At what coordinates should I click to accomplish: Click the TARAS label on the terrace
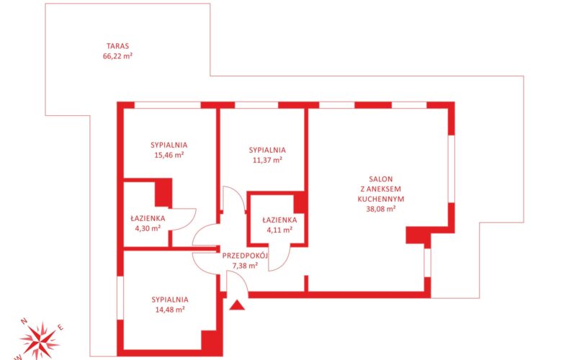[x=117, y=46]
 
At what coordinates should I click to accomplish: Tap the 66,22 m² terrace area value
[x=117, y=56]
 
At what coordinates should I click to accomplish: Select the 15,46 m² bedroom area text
[x=169, y=156]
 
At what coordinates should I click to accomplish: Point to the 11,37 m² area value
[x=267, y=160]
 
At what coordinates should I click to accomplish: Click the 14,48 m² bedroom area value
[x=170, y=310]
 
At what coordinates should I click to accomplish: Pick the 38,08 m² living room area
[x=381, y=209]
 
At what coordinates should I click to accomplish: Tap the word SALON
[x=381, y=179]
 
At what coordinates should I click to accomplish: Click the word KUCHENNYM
[x=381, y=199]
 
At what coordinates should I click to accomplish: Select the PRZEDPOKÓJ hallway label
[x=245, y=256]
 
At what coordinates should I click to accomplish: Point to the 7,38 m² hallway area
[x=245, y=266]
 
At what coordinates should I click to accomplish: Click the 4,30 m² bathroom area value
[x=148, y=229]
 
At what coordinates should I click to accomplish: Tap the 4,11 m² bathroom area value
[x=279, y=230]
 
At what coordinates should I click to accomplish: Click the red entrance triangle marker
[x=237, y=305]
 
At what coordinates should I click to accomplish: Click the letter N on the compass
[x=24, y=321]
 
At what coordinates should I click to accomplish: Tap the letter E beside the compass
[x=61, y=328]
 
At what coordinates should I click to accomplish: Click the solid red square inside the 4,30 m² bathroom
[x=163, y=193]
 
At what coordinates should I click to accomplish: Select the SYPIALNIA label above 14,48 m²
[x=170, y=300]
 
